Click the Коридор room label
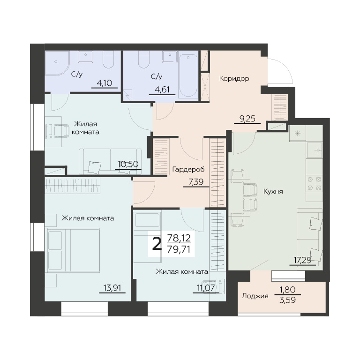(234, 79)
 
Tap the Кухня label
(273, 191)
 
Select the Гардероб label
(188, 170)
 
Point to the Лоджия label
(255, 296)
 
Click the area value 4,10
(105, 83)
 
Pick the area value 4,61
(162, 90)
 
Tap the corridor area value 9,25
(247, 119)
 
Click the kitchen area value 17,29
(303, 260)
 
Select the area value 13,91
(112, 288)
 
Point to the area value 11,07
(206, 288)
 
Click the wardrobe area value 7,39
(196, 182)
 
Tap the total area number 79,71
(179, 249)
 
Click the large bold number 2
(157, 244)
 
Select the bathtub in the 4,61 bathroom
(188, 75)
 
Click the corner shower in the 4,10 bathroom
(57, 63)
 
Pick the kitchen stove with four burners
(315, 183)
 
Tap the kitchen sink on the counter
(315, 150)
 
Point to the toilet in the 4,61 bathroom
(144, 59)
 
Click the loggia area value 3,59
(287, 300)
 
